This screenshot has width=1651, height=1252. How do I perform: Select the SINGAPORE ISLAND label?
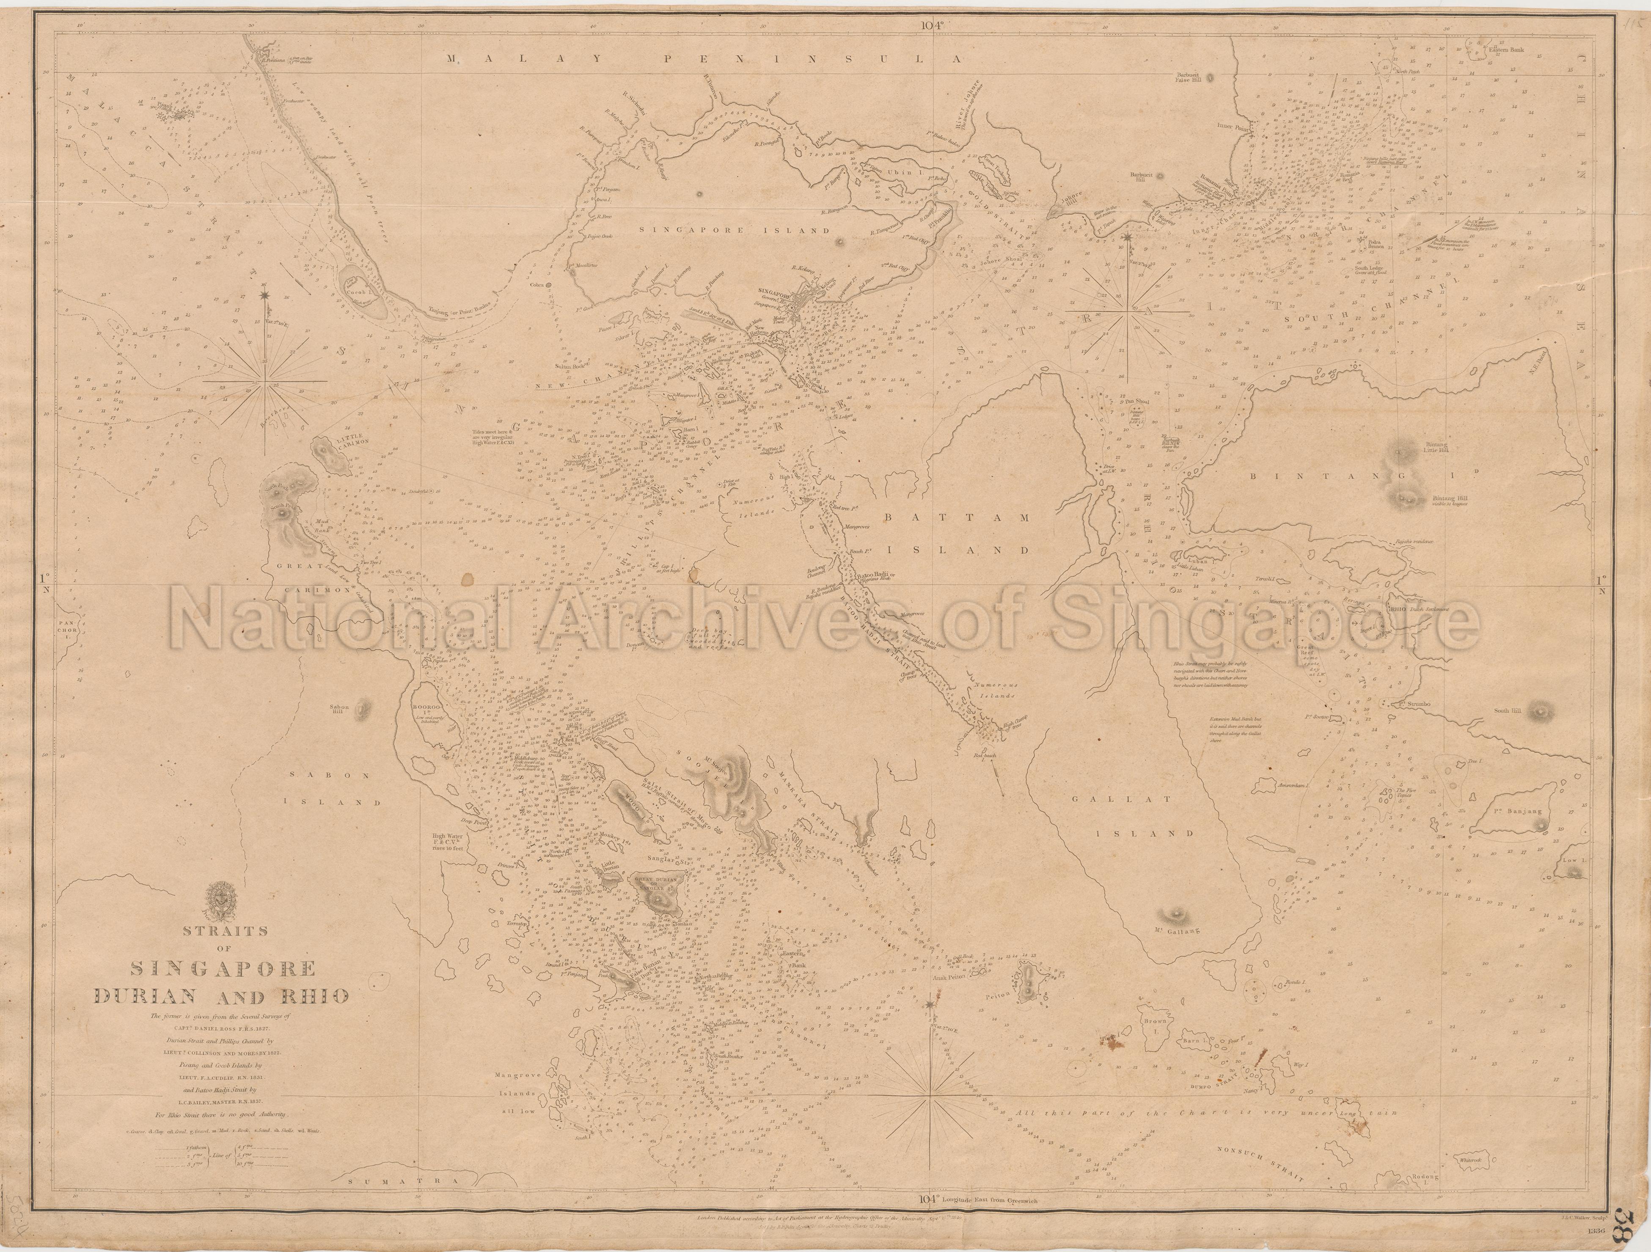pos(736,231)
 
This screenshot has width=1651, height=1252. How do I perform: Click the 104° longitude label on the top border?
pos(932,24)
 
